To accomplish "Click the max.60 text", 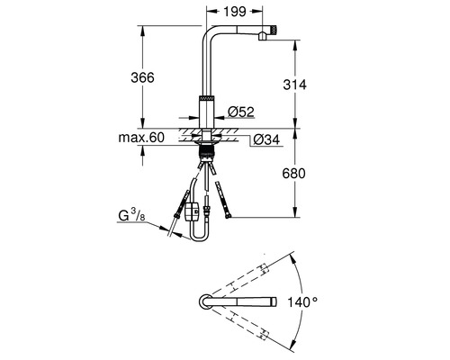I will click(140, 139).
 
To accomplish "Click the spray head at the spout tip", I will click(265, 33).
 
